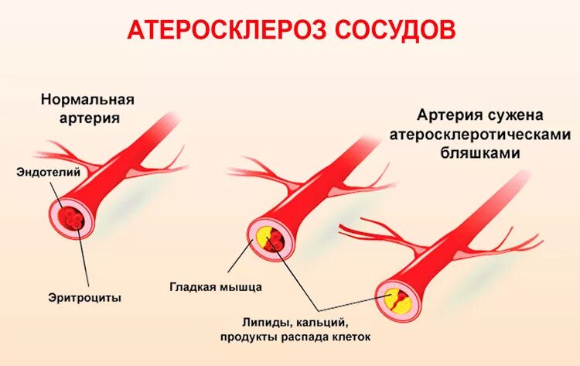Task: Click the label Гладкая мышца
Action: [216, 287]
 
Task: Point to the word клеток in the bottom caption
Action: [350, 337]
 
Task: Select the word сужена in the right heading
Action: [513, 115]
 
